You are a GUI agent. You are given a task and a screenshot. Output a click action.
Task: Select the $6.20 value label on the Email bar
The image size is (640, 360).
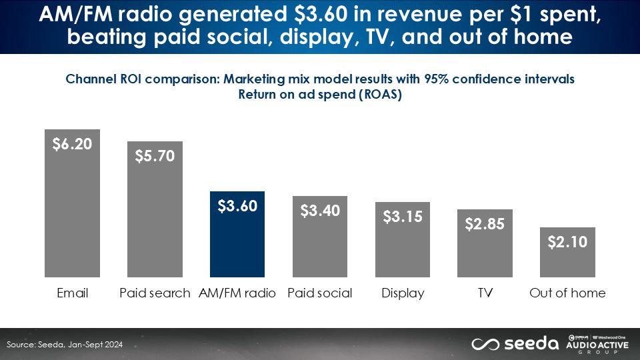(72, 144)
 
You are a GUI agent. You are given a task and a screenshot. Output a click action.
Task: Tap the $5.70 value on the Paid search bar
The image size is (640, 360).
(155, 156)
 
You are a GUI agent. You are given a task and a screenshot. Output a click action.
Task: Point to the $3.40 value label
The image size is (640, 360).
(320, 211)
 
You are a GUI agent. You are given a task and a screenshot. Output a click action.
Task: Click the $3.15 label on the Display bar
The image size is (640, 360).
(403, 217)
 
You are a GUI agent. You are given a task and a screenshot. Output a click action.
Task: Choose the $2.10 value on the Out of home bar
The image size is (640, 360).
(567, 242)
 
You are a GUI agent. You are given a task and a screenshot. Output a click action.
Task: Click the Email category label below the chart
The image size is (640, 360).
(72, 293)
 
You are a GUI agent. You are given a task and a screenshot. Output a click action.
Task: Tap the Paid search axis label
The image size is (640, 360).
(155, 293)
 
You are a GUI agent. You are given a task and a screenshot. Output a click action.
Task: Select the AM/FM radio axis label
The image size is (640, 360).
(237, 293)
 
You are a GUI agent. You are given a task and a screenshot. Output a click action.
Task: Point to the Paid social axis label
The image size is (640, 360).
(320, 293)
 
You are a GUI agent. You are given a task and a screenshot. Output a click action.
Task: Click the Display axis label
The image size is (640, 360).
(403, 293)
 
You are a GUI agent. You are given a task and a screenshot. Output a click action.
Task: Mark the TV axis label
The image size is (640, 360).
(485, 293)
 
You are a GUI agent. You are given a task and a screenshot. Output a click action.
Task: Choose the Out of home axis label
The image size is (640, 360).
(567, 293)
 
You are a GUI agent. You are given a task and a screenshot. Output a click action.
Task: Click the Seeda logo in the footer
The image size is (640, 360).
(515, 343)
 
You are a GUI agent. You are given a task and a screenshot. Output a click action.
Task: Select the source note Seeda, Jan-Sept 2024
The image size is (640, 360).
(65, 345)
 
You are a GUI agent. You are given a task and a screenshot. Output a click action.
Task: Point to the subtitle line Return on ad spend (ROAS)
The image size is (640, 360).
(320, 93)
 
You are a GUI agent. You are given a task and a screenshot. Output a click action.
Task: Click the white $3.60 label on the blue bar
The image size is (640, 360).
(237, 206)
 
